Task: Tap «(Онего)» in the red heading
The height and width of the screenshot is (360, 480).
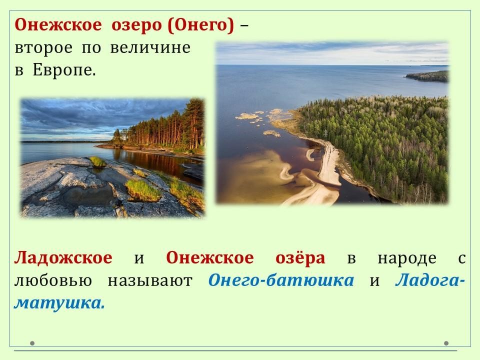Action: (x=201, y=25)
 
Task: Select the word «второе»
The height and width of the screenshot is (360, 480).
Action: (x=43, y=48)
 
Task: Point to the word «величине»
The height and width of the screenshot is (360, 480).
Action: (x=150, y=47)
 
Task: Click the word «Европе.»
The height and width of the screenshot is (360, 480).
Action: (x=64, y=71)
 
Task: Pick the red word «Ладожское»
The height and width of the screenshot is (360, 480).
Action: (x=63, y=258)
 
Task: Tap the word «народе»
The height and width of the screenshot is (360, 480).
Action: (x=407, y=258)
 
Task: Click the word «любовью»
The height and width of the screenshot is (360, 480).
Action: (x=53, y=280)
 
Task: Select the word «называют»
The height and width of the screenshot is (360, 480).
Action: (x=149, y=280)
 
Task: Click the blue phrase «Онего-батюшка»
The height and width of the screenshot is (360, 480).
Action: (x=280, y=280)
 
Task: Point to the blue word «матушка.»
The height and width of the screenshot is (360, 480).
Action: (x=59, y=303)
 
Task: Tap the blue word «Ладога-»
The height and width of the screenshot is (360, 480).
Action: (x=430, y=280)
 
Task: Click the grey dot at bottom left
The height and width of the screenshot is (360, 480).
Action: (x=32, y=343)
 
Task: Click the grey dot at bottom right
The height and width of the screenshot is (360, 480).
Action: (x=446, y=343)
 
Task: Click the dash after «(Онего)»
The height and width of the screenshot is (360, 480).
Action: (x=244, y=26)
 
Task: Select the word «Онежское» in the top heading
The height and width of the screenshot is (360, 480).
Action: (x=58, y=25)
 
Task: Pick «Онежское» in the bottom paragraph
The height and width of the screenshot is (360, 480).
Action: (x=209, y=257)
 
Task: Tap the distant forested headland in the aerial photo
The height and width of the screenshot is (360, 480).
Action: (x=427, y=76)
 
